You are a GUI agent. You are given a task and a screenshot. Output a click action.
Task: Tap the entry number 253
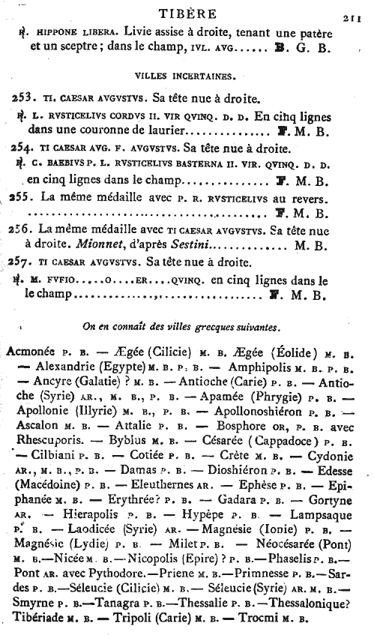click(24, 98)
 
